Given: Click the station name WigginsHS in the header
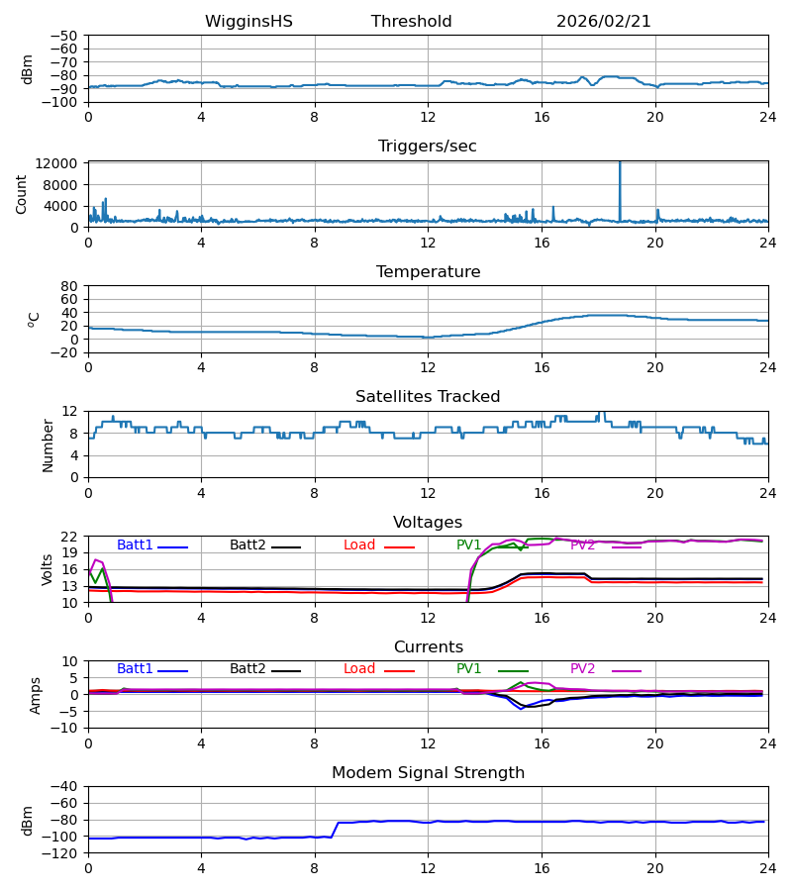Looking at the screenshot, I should [248, 22].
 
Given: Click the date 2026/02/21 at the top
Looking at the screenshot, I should [604, 22].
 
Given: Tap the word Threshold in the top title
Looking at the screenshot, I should [411, 22].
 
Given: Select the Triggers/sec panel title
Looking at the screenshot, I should [427, 147].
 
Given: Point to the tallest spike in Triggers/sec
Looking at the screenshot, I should [620, 164].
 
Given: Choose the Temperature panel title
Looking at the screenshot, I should [428, 272].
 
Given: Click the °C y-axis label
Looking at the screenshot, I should [34, 319].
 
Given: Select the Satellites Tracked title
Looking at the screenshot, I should [428, 397].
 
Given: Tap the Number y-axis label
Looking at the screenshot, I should [49, 445].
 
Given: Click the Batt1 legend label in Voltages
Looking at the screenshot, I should [135, 545].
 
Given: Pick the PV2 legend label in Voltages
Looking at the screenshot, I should [583, 545].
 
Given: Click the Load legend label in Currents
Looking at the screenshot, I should [359, 669].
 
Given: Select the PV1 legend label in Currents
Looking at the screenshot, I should [469, 669].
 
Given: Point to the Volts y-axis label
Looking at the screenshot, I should [49, 569].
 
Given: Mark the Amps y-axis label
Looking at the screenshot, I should [36, 694].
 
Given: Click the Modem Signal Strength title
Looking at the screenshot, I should [428, 773].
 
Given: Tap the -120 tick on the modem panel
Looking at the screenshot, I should [63, 853].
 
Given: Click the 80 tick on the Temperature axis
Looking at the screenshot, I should [70, 286].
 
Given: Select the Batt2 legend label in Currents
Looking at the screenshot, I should [247, 669].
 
